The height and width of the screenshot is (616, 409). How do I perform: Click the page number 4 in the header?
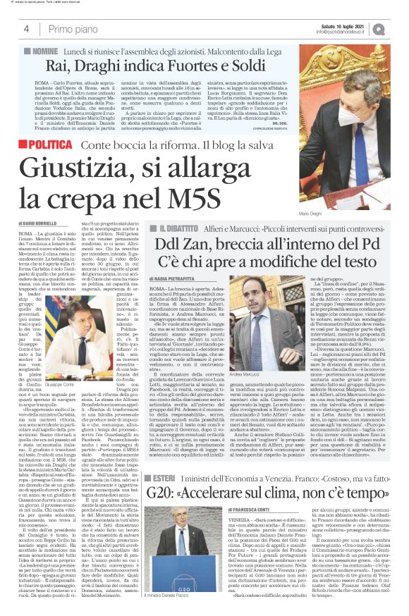[25, 29]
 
